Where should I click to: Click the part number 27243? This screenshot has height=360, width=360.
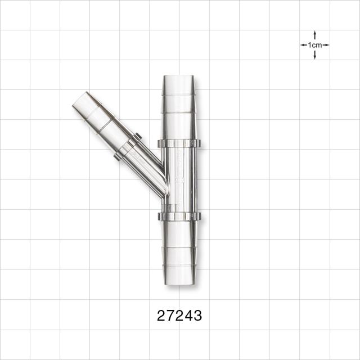pyautogui.click(x=179, y=316)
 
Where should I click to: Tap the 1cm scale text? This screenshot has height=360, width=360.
pyautogui.click(x=315, y=45)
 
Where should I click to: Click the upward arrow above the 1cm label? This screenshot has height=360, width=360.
pyautogui.click(x=315, y=35)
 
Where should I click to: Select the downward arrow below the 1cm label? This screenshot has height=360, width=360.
pyautogui.click(x=315, y=55)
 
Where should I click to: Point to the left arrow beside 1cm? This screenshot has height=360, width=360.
pyautogui.click(x=304, y=45)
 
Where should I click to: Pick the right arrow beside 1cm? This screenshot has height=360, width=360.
pyautogui.click(x=326, y=45)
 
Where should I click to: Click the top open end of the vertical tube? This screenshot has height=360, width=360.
pyautogui.click(x=179, y=76)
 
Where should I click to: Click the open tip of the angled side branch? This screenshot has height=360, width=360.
pyautogui.click(x=79, y=99)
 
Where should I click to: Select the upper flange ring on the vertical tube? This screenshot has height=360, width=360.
pyautogui.click(x=179, y=143)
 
